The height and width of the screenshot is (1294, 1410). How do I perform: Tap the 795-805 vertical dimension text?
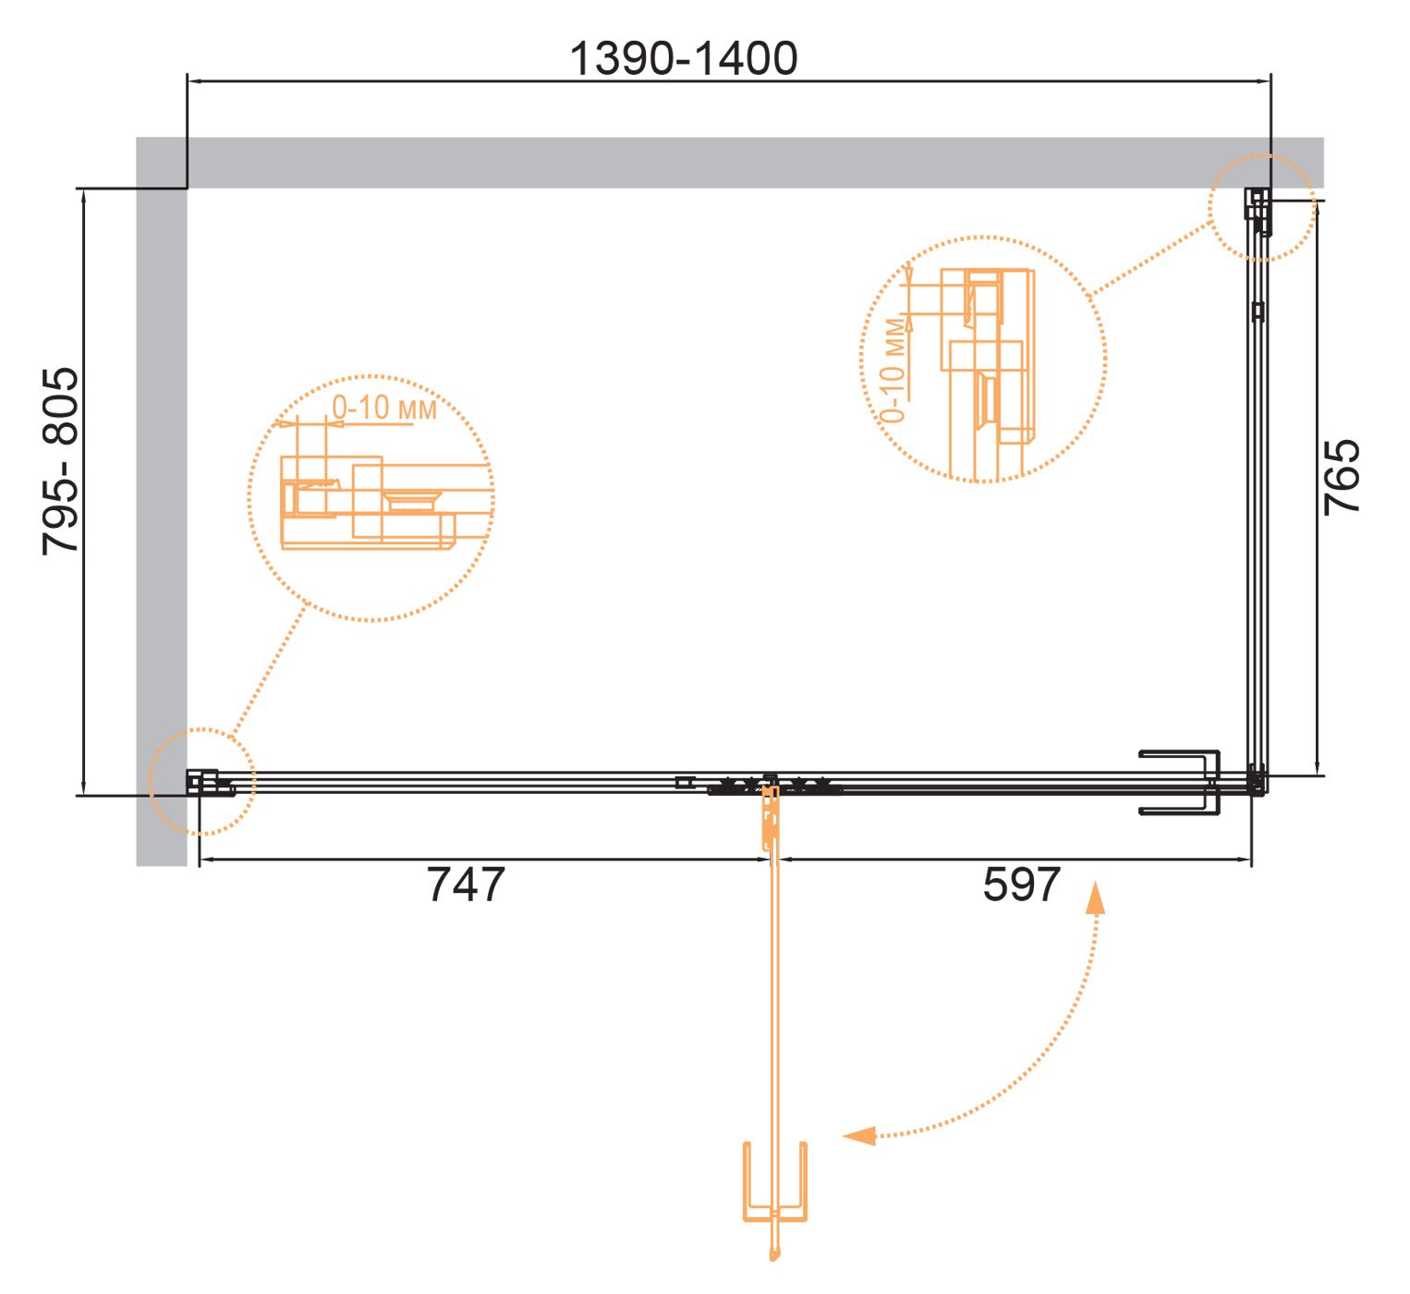click(60, 461)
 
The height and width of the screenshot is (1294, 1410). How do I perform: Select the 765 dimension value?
click(1342, 478)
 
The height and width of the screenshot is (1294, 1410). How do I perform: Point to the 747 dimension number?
click(466, 884)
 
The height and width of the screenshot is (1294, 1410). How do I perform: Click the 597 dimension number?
click(1021, 884)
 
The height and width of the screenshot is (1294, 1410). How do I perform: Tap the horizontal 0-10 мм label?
click(383, 408)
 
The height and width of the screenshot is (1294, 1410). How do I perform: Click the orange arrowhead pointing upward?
click(1094, 898)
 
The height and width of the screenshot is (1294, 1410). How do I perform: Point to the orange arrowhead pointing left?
click(859, 1136)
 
